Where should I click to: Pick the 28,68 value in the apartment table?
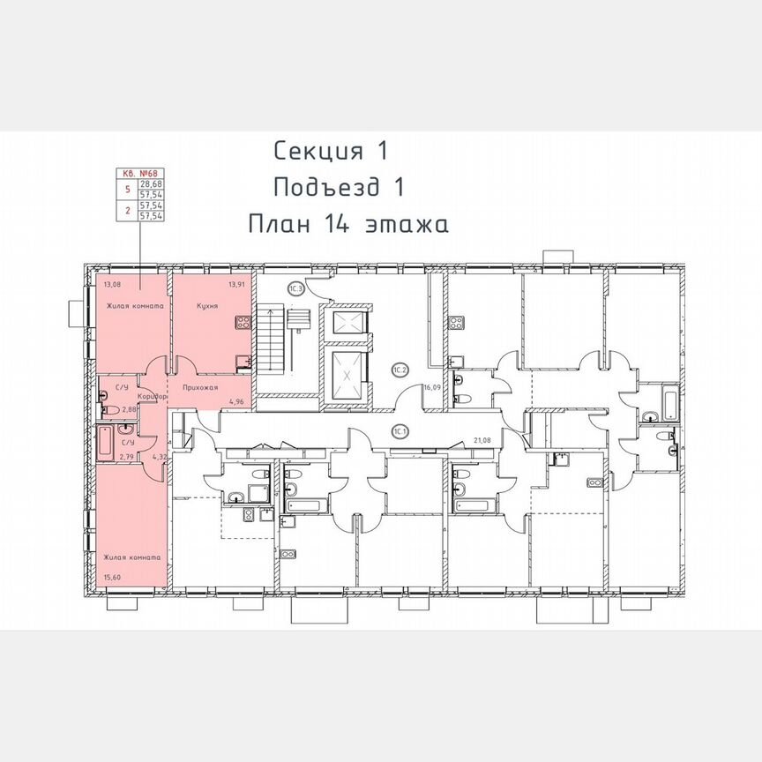[150, 184]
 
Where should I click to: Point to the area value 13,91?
[235, 284]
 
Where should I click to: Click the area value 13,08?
[112, 284]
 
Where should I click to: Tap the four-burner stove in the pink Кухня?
[238, 322]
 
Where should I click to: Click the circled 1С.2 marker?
[399, 370]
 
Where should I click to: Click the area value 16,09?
[431, 386]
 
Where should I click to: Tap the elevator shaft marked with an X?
[346, 376]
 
